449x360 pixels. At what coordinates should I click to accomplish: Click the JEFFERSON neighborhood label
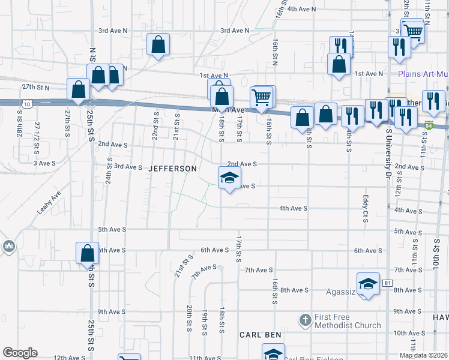point(173,169)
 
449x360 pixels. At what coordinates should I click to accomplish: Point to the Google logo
point(20,353)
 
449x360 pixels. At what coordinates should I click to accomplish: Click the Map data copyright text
point(423,355)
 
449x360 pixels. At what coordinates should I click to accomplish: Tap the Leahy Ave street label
point(50,203)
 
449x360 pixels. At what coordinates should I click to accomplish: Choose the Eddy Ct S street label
point(365,209)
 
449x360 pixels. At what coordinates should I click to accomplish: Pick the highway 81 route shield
point(388,283)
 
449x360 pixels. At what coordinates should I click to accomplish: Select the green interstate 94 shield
point(429,125)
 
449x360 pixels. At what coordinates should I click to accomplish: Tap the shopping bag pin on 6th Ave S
point(88,253)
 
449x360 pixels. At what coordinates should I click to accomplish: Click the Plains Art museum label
point(423,74)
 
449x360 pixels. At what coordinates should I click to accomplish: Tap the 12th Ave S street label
point(68,358)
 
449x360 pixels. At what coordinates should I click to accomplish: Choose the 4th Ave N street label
point(302,9)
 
